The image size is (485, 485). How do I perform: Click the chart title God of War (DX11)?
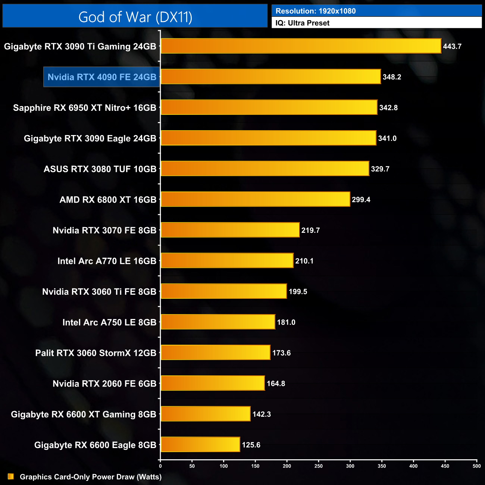[x=135, y=17]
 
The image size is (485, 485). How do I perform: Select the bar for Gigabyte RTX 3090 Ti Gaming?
[x=301, y=46]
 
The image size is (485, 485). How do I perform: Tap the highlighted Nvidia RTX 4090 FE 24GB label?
[x=102, y=77]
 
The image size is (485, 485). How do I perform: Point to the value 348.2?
[x=392, y=77]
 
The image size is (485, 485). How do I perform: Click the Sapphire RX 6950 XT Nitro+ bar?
[x=269, y=107]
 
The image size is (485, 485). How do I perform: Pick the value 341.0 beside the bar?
[x=387, y=138]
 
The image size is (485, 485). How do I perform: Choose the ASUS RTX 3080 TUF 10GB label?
[x=100, y=169]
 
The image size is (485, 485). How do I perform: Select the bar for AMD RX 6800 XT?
[x=255, y=200]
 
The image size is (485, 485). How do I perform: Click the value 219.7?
[x=310, y=230]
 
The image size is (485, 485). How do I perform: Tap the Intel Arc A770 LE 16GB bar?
[x=227, y=261]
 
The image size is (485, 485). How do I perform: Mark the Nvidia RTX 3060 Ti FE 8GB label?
[x=99, y=292]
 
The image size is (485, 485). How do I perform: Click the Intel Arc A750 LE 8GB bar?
[x=218, y=322]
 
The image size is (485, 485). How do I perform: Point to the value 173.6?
[x=281, y=353]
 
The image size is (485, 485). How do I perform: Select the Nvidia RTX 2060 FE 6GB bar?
[x=213, y=384]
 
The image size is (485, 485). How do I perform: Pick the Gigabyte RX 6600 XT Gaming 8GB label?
[x=84, y=414]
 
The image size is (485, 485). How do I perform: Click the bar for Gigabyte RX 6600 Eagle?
[x=200, y=445]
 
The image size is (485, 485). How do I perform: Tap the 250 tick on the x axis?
[x=319, y=466]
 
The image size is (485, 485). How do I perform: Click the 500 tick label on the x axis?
[x=476, y=466]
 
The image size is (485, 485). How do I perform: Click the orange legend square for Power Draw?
[x=11, y=477]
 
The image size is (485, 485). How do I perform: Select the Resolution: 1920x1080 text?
[x=316, y=11]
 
